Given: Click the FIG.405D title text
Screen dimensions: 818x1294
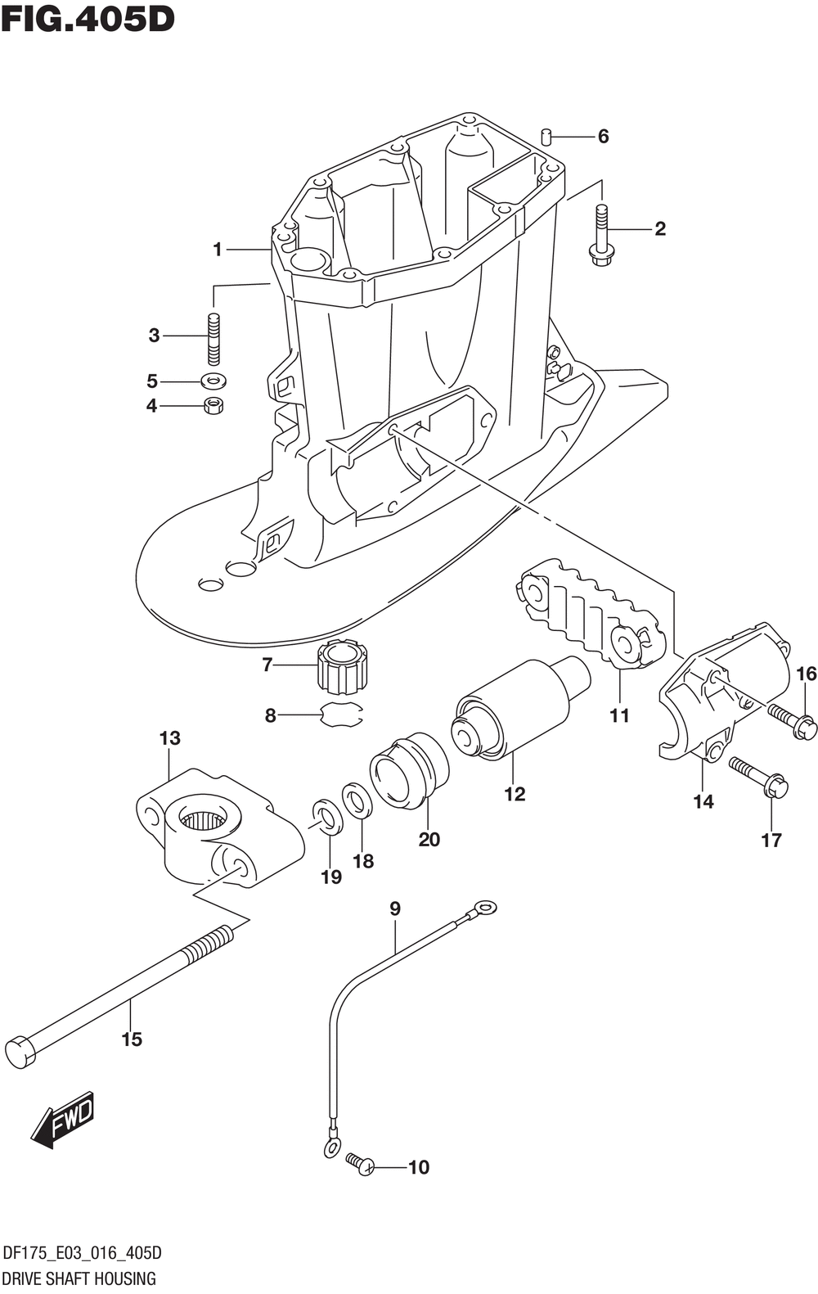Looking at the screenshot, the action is (x=88, y=20).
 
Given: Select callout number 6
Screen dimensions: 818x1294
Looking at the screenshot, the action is (x=603, y=137).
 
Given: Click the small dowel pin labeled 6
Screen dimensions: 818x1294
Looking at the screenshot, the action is (x=546, y=138).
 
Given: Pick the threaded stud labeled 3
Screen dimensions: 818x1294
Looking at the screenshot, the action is (x=213, y=339).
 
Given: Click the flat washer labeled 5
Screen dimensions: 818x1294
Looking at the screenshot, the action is (x=213, y=381).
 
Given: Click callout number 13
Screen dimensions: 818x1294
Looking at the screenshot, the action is (x=170, y=738).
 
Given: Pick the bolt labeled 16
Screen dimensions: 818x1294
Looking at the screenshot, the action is (x=793, y=719).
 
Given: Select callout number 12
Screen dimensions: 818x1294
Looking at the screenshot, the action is (x=515, y=794).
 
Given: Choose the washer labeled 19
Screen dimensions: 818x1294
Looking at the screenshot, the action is (x=327, y=817).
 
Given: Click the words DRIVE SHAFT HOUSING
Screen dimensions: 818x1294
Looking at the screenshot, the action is (x=79, y=1278).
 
